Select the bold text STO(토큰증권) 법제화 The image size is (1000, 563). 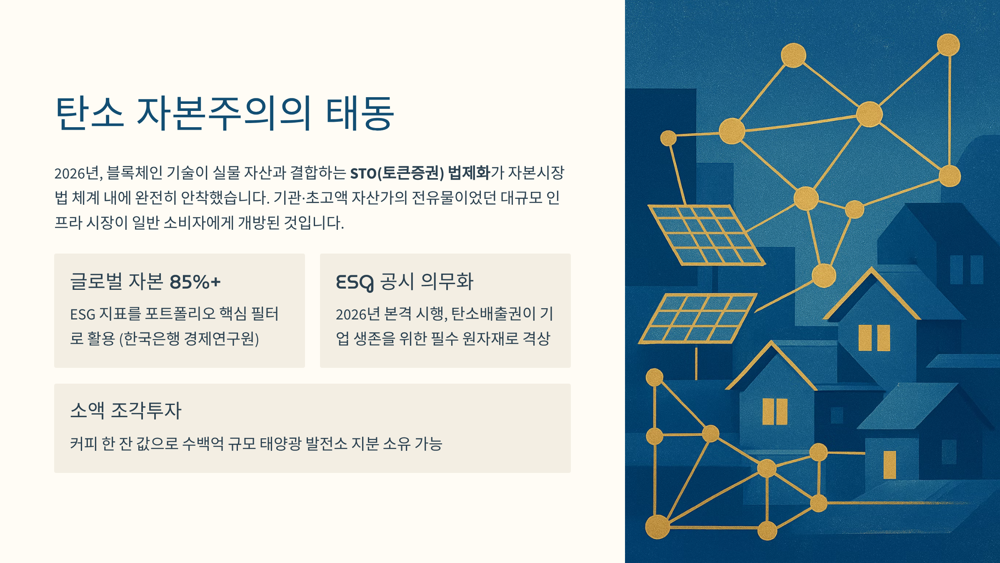point(420,173)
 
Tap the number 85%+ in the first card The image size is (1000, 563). point(195,282)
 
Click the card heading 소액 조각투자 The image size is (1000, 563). point(126,410)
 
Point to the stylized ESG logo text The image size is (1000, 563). point(355,282)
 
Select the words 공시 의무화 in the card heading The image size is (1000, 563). point(427,281)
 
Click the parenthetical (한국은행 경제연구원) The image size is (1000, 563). point(189,339)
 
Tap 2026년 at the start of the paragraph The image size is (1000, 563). point(77,173)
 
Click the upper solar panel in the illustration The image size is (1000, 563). point(706,235)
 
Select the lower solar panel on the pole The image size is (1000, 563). point(697,319)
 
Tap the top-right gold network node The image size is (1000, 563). point(948,45)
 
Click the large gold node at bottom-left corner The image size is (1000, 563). point(657,527)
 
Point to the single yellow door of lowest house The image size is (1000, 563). point(890,464)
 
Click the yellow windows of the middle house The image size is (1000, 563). point(775,412)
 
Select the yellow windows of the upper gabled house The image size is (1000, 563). point(874,338)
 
